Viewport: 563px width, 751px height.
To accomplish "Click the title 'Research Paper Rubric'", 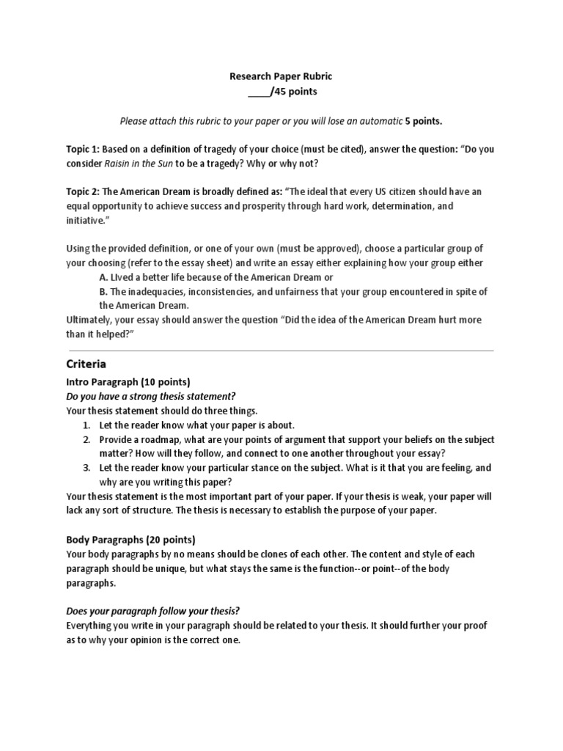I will (281, 76).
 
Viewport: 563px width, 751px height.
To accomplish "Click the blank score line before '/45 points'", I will (258, 92).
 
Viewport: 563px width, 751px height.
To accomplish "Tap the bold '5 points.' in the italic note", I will (424, 120).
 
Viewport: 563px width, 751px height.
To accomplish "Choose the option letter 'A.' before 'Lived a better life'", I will (103, 277).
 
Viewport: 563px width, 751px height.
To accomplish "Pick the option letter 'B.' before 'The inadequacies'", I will (103, 292).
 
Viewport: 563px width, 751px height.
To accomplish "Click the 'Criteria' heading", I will (86, 364).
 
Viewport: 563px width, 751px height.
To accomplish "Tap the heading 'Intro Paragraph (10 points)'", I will (128, 382).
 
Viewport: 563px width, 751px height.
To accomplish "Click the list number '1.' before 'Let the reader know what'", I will (86, 425).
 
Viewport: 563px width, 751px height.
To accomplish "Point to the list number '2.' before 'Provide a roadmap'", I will (86, 439).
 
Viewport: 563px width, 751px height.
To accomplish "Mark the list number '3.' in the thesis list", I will (86, 468).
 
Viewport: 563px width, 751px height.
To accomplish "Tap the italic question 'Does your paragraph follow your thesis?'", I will (153, 611).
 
